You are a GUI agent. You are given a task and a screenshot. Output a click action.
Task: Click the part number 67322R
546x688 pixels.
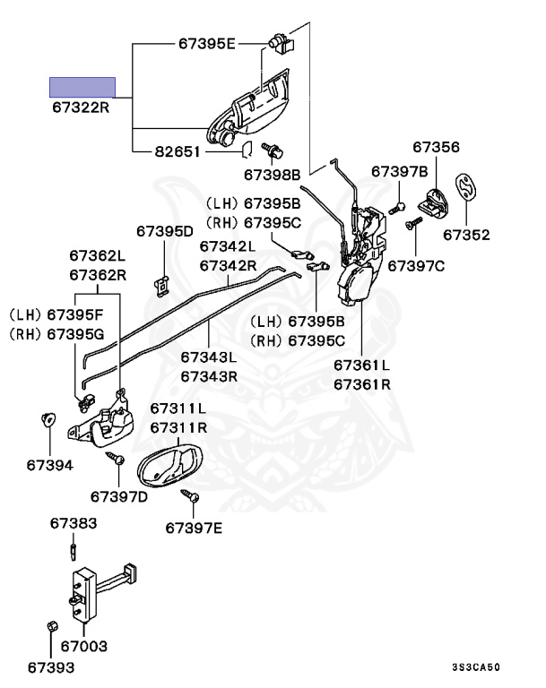81,107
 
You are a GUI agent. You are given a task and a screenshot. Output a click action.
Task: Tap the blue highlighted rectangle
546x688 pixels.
82,87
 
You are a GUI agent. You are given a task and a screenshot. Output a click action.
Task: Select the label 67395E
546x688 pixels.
206,43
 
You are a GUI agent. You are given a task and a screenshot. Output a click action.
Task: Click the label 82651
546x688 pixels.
177,151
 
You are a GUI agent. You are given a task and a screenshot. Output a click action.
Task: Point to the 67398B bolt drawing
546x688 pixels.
273,150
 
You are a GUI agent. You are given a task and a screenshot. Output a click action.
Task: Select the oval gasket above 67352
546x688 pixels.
466,188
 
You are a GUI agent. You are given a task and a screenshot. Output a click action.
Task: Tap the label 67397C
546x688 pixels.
415,266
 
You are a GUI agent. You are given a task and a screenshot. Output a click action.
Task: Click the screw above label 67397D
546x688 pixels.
115,459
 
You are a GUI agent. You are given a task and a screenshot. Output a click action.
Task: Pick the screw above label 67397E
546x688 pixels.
191,495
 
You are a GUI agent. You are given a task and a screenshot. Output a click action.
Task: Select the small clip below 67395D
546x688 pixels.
161,286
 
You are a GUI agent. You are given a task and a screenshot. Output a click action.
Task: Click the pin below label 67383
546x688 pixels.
73,551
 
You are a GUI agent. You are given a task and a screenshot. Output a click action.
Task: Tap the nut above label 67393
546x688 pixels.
52,625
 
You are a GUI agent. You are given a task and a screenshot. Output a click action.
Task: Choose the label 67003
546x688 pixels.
84,646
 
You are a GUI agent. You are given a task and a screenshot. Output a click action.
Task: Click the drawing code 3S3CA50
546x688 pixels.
476,666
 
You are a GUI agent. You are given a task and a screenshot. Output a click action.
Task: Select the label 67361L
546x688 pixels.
361,365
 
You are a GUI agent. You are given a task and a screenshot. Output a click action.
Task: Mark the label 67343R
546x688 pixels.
209,376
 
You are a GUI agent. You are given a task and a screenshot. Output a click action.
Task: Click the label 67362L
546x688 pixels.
98,255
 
